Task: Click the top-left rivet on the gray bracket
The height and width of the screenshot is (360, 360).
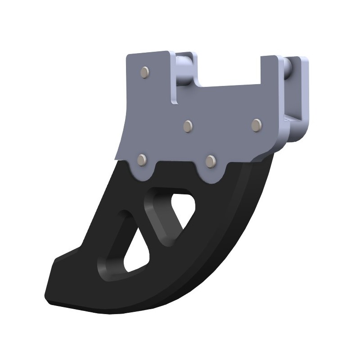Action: pyautogui.click(x=145, y=72)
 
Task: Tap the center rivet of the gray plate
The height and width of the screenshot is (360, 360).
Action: pyautogui.click(x=189, y=126)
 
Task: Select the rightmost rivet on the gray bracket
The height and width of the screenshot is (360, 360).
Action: pyautogui.click(x=256, y=125)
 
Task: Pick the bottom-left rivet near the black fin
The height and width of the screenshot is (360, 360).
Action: pyautogui.click(x=143, y=160)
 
